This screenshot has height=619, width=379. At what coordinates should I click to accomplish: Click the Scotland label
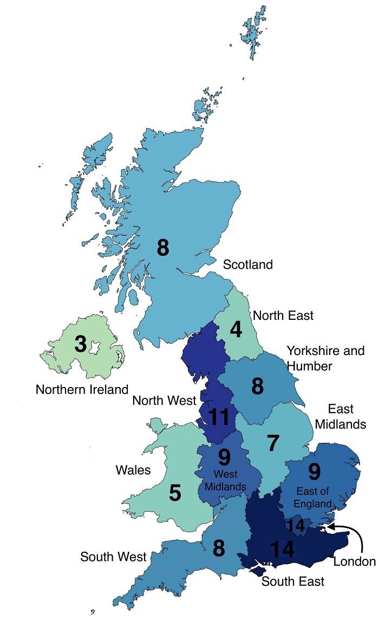point(247,265)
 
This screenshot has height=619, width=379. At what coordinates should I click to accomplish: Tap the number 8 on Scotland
point(163,248)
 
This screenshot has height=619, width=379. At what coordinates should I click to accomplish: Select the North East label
point(283,315)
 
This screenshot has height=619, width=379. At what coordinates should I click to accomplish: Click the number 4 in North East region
point(236,330)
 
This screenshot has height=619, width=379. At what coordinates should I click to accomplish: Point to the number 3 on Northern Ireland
point(80,344)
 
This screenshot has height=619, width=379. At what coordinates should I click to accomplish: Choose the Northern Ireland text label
point(82,389)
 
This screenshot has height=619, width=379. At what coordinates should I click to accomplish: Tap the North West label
point(164,401)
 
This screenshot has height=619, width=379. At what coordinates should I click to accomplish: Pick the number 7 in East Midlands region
point(273,444)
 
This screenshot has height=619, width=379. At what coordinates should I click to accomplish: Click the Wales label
point(133,469)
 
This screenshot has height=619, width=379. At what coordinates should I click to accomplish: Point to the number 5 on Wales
point(175,493)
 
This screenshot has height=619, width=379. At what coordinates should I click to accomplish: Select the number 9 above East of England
point(315,473)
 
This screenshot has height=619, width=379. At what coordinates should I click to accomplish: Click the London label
point(354,562)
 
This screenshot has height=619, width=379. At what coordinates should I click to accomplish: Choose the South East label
point(293,582)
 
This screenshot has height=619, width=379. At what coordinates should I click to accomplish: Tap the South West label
point(113,557)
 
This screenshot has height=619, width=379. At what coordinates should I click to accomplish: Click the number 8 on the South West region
point(219,549)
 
